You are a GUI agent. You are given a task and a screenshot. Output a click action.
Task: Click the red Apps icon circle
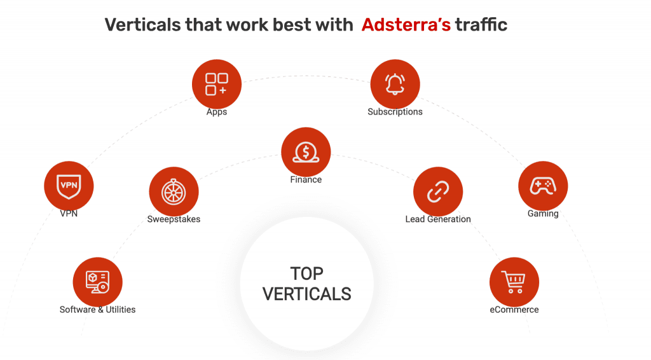click(217, 84)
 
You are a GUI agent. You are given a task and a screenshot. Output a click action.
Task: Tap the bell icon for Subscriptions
click(395, 84)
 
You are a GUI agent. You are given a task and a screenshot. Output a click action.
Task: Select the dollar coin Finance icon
click(306, 152)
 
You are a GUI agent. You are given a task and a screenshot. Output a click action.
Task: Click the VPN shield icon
click(69, 186)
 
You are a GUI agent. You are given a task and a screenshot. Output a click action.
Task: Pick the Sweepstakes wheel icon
click(174, 191)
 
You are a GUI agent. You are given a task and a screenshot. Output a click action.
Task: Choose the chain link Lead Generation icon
click(438, 191)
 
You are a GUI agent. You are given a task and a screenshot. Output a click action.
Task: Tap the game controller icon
click(543, 186)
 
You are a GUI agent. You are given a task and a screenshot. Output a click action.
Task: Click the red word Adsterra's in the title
click(406, 25)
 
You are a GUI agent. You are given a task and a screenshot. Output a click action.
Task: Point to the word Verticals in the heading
click(143, 25)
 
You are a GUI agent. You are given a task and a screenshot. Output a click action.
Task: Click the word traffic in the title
click(481, 25)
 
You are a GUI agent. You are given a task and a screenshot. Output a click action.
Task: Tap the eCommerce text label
click(514, 310)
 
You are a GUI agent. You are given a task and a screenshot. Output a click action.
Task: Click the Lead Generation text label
click(438, 219)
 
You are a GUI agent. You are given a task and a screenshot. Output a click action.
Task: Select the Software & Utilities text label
click(97, 310)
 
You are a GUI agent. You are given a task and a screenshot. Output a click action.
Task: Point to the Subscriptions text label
click(395, 112)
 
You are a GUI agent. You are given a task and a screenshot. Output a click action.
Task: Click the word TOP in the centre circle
click(307, 273)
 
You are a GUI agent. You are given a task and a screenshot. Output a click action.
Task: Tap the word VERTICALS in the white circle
click(307, 294)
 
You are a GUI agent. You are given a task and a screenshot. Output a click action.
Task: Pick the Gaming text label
click(543, 214)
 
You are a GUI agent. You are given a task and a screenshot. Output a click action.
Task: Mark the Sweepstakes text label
click(174, 219)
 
